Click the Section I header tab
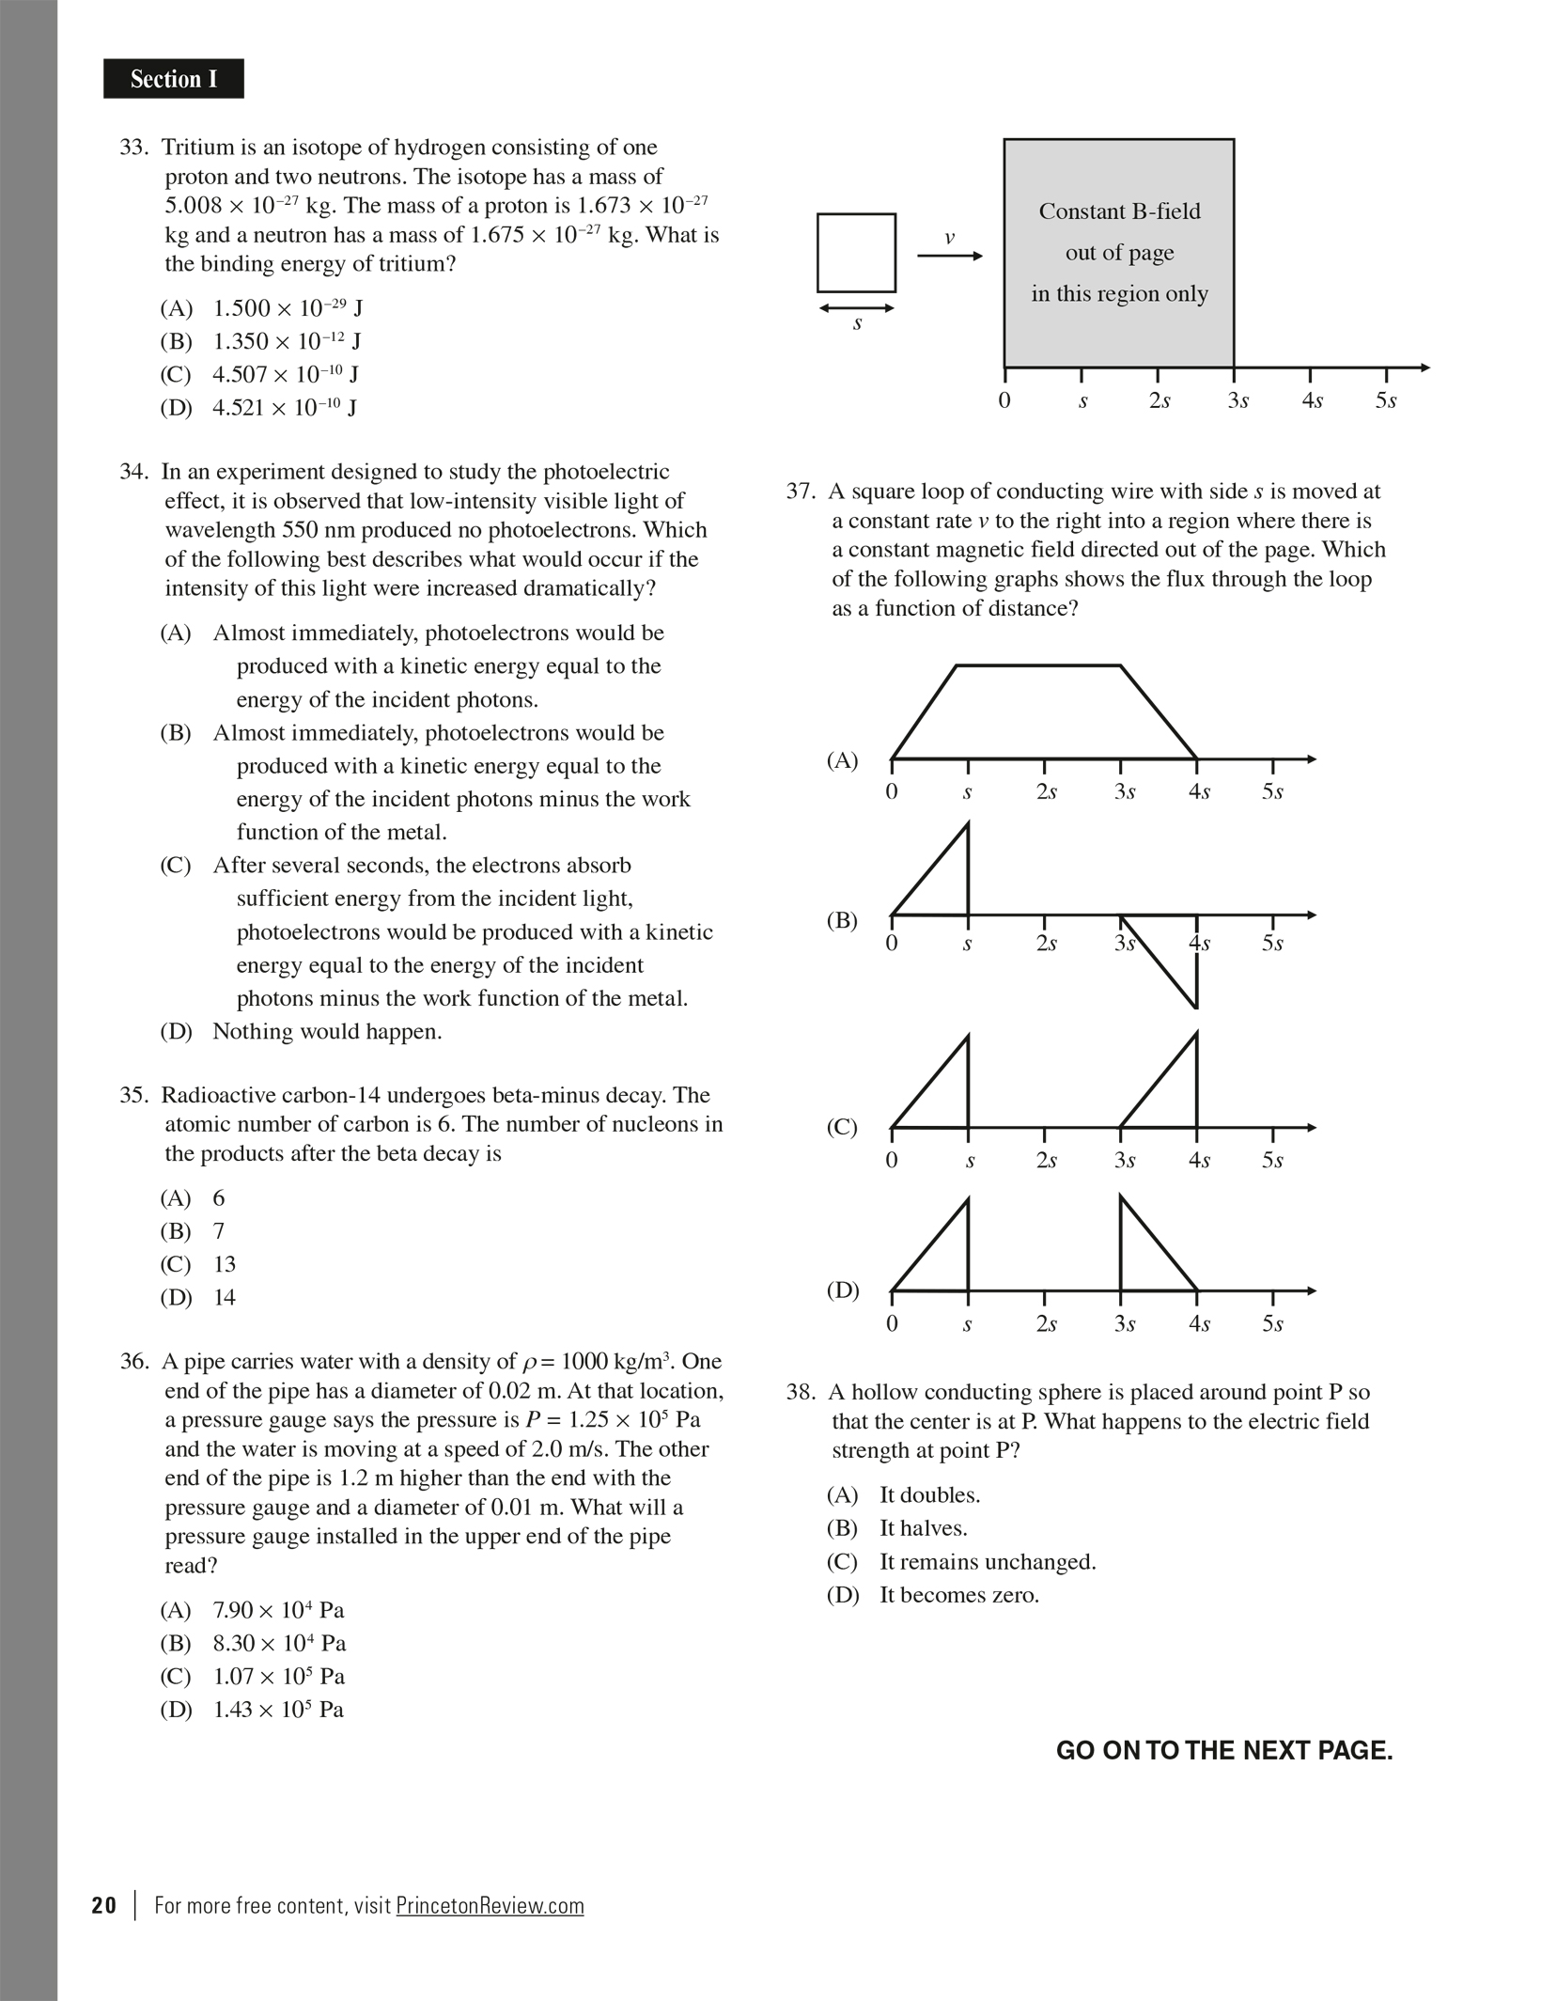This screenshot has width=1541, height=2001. point(174,79)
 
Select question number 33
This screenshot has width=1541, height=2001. point(134,148)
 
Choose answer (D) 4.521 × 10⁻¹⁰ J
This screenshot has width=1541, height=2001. point(258,407)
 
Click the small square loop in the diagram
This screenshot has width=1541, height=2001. point(856,253)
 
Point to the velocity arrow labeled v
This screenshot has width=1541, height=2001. point(950,256)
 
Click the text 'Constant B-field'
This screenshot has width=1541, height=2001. point(1119,211)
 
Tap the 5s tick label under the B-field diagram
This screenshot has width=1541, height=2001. point(1386,400)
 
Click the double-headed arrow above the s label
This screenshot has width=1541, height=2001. point(856,308)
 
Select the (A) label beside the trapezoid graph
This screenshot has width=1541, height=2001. point(843,760)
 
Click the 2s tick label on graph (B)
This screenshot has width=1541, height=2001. point(1046,943)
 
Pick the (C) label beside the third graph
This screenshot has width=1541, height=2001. point(843,1127)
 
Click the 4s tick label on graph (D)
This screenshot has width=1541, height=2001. point(1199,1324)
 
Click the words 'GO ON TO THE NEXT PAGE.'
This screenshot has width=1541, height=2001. point(1224,1751)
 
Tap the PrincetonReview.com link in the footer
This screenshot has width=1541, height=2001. point(490,1906)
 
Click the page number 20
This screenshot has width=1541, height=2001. point(104,1905)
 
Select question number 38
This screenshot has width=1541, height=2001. point(802,1393)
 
